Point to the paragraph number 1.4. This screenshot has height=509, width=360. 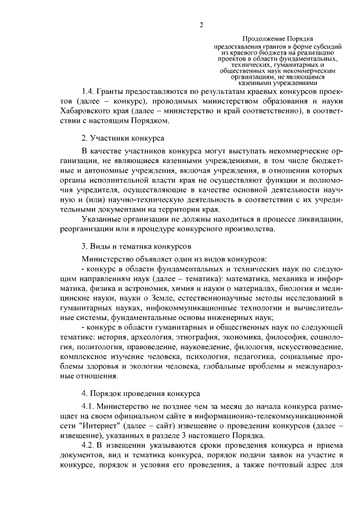click(x=88, y=91)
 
